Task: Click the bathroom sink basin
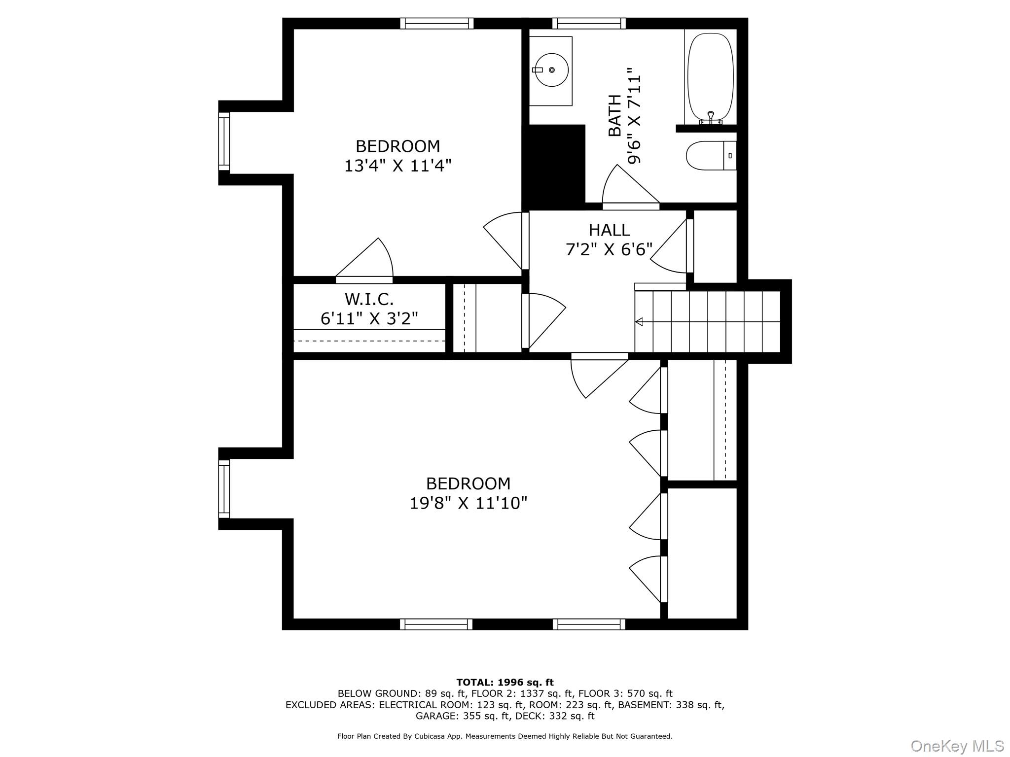[551, 70]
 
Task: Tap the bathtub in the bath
[710, 76]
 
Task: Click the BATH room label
[614, 115]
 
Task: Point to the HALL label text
[609, 230]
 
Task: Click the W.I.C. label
[369, 299]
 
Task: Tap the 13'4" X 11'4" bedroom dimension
[397, 166]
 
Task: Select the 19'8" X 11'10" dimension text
[469, 503]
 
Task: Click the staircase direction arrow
[639, 322]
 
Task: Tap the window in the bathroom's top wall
[589, 23]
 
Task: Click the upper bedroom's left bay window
[224, 141]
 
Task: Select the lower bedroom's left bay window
[224, 489]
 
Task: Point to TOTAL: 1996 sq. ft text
[505, 683]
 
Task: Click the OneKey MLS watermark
[957, 746]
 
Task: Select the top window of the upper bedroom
[436, 23]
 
